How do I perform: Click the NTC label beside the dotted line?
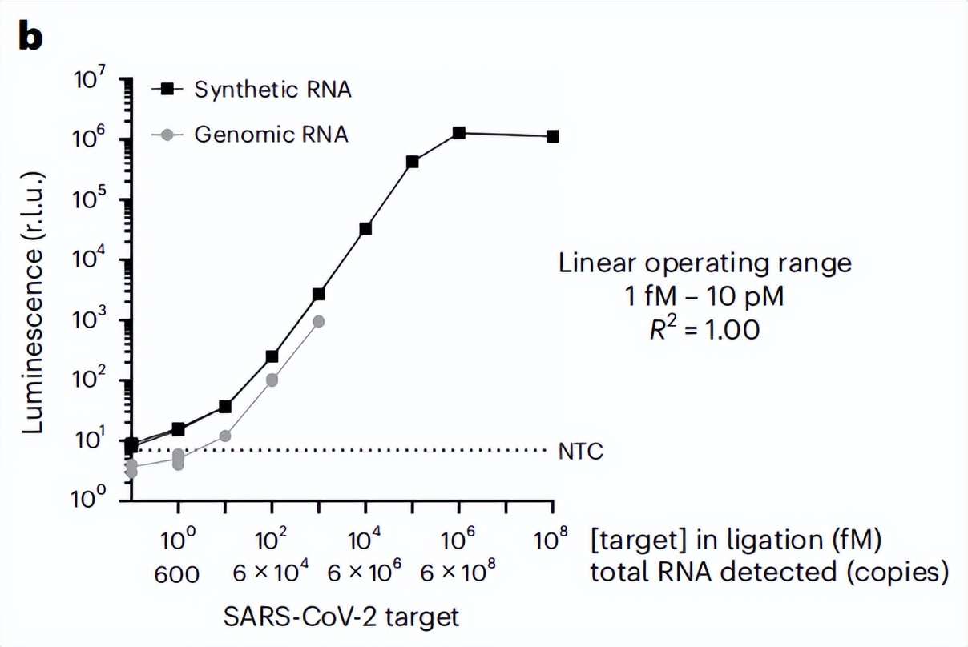[x=581, y=452]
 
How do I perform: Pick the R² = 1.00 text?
[x=705, y=330]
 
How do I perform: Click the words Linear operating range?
[x=706, y=263]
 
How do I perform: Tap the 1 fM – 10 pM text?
[x=705, y=296]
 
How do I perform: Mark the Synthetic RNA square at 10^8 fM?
[x=553, y=136]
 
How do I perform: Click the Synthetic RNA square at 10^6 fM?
[x=459, y=132]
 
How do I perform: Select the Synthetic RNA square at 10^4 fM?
[x=365, y=228]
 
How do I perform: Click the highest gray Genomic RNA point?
[x=319, y=321]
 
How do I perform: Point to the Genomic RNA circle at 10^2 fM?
[x=272, y=380]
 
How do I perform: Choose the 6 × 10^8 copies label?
[x=458, y=573]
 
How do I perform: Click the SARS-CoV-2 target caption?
[x=341, y=617]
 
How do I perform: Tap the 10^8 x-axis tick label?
[x=551, y=541]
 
